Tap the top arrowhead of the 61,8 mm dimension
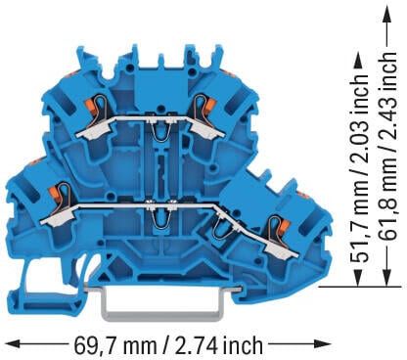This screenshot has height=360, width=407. point(387,14)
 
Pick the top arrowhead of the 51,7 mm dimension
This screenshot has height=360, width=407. point(358,62)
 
